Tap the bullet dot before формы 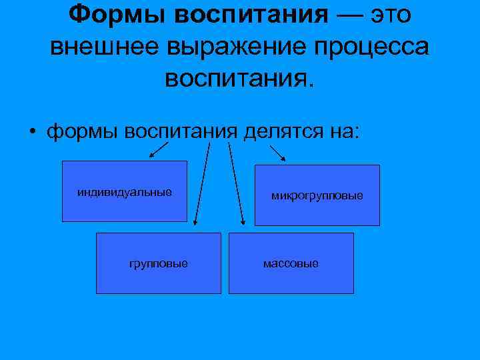[31, 130]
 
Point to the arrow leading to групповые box [201, 187]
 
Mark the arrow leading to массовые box [236, 187]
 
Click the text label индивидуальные [125, 192]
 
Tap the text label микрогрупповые [317, 196]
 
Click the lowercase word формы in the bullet [81, 130]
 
